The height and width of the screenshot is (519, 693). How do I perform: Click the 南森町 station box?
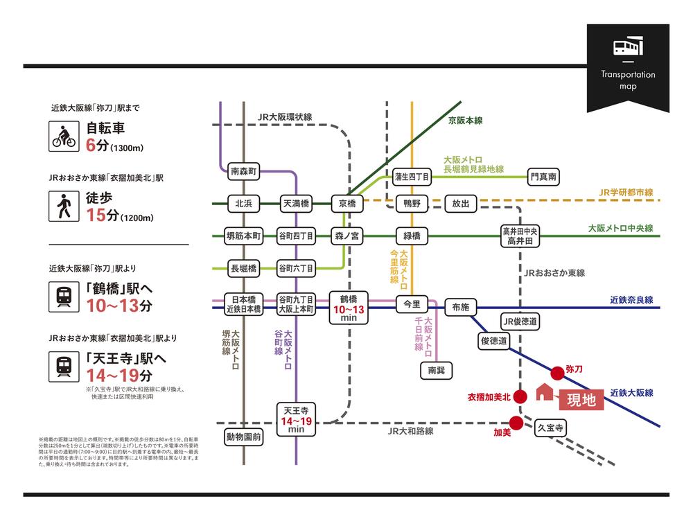(x=243, y=170)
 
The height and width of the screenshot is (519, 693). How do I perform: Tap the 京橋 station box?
(x=347, y=204)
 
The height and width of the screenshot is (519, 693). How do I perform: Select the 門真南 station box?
(x=543, y=177)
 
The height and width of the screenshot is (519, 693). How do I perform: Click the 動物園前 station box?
(x=243, y=437)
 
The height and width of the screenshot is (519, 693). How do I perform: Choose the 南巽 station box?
(x=437, y=371)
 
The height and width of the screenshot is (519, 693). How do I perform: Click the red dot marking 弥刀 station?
(x=557, y=371)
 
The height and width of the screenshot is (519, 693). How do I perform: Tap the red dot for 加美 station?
(x=516, y=422)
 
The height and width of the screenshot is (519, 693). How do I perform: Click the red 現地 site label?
(x=581, y=401)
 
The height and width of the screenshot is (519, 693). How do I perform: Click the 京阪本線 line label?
(x=466, y=121)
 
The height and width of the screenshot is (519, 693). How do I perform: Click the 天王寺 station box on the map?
(x=297, y=416)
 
